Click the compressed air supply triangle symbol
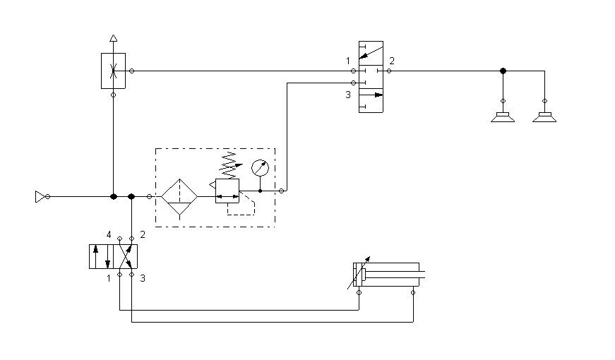point(40,196)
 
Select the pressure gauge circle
point(261,168)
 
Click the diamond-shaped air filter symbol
point(180,196)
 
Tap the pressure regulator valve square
point(227,191)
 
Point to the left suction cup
point(503,116)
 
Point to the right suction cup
point(544,116)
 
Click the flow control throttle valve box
point(113,71)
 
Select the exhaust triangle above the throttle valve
point(113,40)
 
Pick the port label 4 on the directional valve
point(109,234)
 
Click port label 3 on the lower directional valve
point(143,279)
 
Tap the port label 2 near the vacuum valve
point(392,61)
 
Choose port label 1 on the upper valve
point(348,61)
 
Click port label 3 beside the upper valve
point(348,95)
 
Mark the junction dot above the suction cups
point(503,71)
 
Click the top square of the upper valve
point(371,53)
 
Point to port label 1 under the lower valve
point(109,279)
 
